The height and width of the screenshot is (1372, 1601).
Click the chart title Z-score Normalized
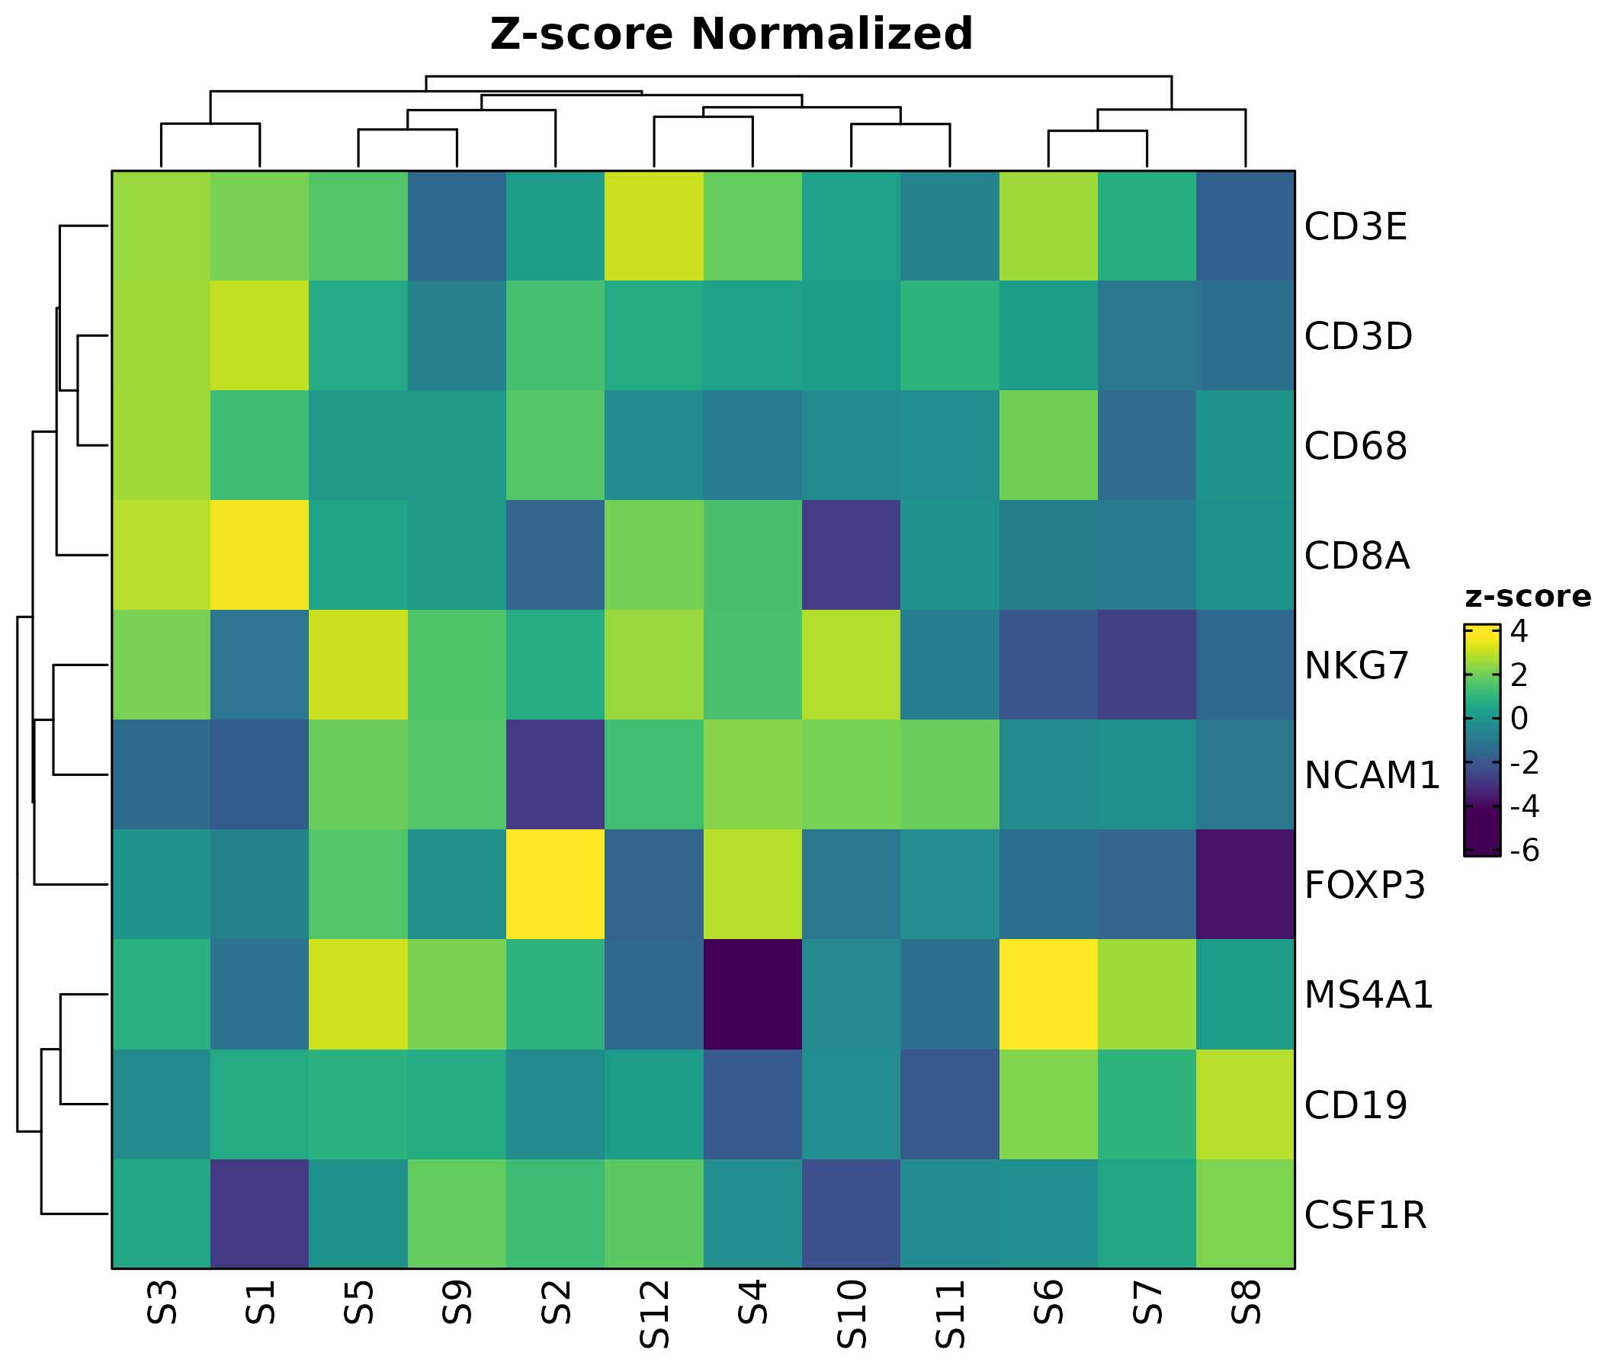[x=731, y=35]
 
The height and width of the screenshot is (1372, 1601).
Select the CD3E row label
[x=1356, y=227]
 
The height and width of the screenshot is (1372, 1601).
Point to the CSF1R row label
[x=1365, y=1215]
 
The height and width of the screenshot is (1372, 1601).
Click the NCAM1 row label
[x=1372, y=776]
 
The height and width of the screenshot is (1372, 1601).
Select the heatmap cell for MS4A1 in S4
[x=752, y=995]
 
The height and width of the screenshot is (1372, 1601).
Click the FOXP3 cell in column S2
[x=556, y=884]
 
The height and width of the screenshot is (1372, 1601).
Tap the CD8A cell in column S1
[x=260, y=556]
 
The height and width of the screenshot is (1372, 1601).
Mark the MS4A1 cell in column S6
[x=1048, y=995]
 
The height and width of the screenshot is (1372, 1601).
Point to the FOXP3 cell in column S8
[x=1246, y=884]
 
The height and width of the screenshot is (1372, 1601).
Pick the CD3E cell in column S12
[x=654, y=226]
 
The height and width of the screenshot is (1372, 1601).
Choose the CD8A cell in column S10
[x=852, y=556]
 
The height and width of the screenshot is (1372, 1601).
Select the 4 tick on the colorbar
[x=1519, y=632]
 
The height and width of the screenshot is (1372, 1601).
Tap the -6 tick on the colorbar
[x=1523, y=851]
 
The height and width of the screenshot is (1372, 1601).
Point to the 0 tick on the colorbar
[x=1519, y=720]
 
